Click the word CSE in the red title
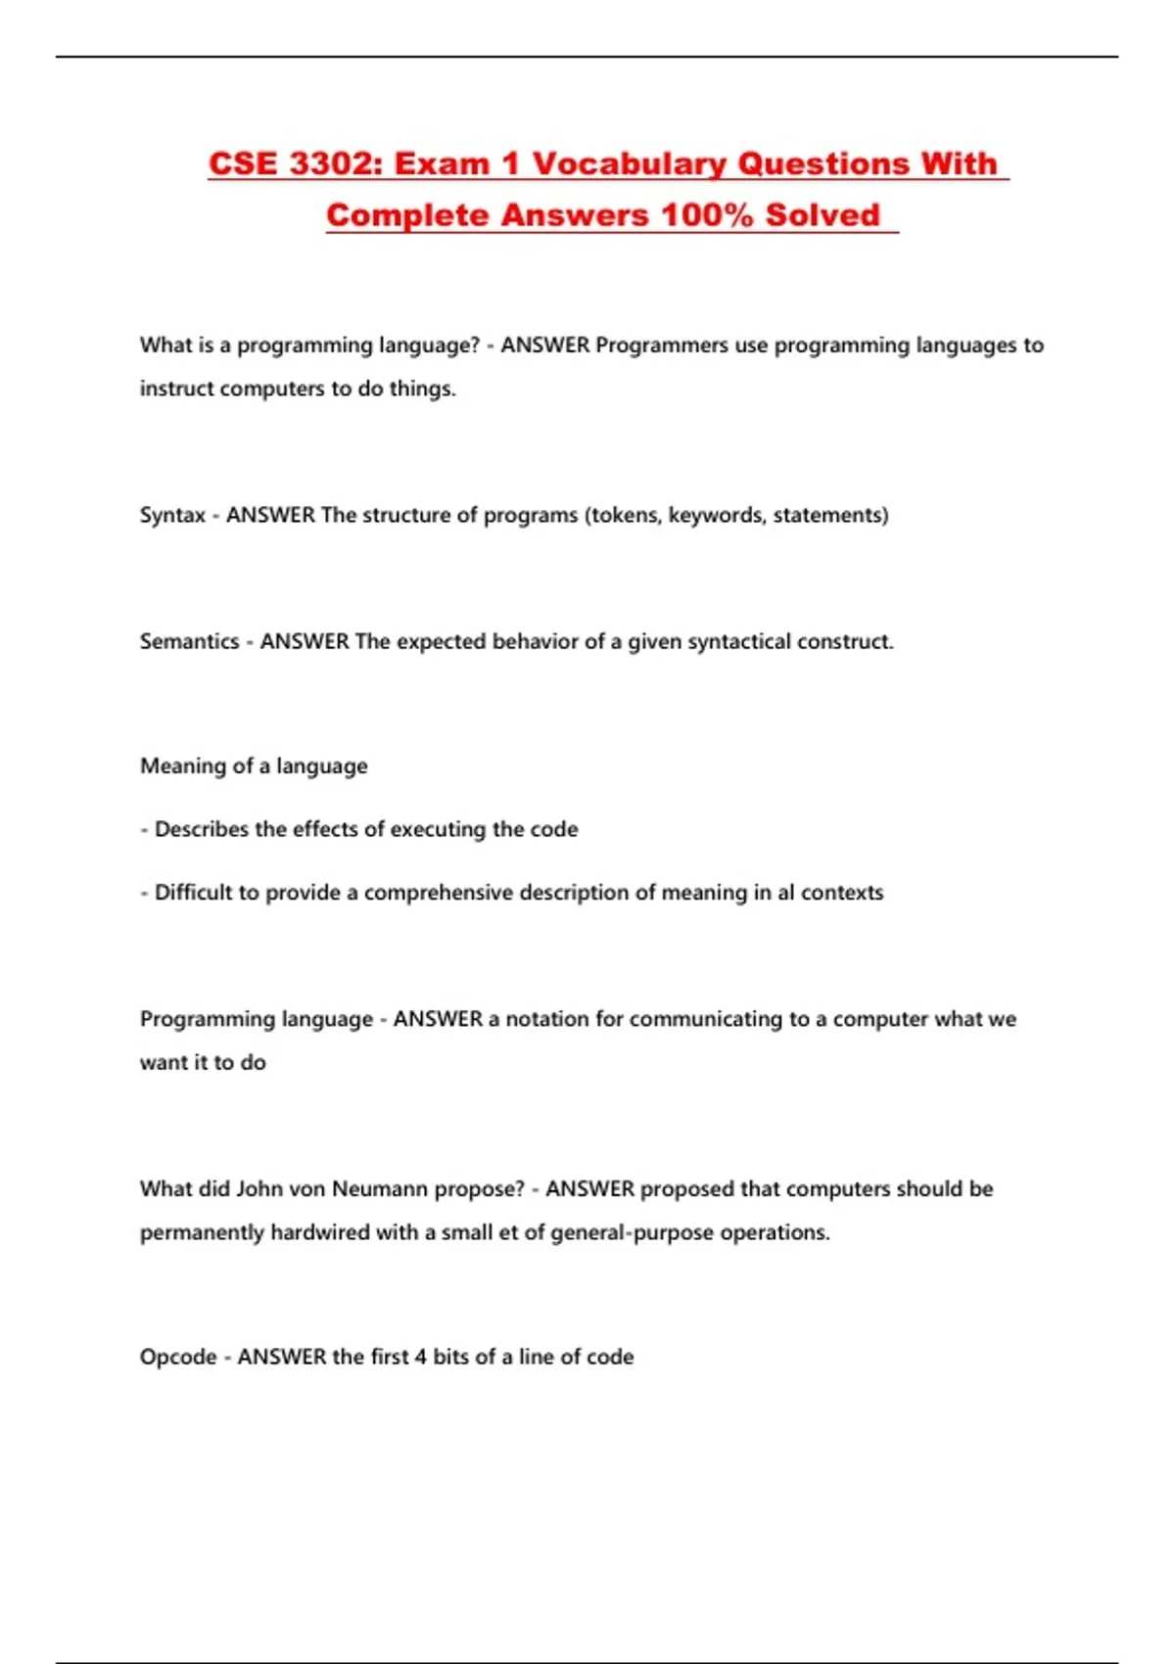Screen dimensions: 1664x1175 244,163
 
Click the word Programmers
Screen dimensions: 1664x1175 662,346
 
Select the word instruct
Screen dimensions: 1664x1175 177,389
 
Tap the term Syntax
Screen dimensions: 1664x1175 173,516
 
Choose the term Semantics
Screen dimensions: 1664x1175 190,642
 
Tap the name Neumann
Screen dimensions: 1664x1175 380,1189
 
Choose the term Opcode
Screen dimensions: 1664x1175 178,1358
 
